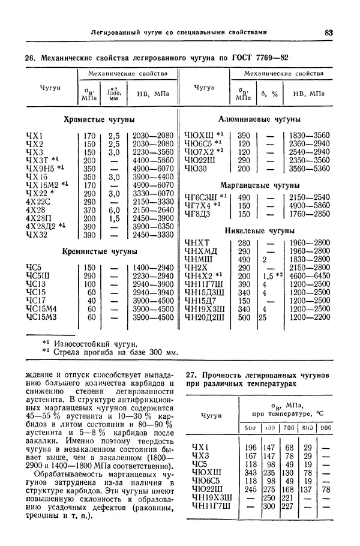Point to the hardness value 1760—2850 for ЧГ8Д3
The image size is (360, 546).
tap(310, 214)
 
